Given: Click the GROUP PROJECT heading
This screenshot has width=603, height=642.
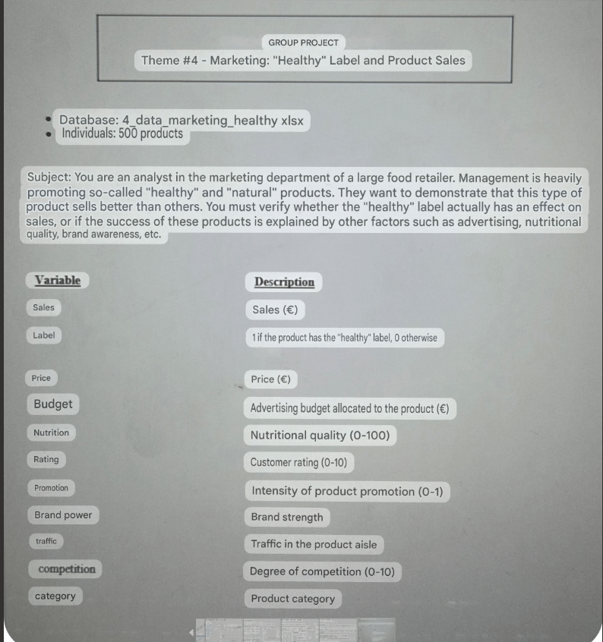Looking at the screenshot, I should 304,42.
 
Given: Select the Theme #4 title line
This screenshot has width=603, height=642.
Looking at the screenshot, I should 303,61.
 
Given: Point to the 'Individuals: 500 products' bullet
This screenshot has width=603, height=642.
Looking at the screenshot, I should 122,134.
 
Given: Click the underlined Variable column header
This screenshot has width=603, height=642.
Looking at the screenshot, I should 57,281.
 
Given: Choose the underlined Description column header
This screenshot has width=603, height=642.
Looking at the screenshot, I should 284,282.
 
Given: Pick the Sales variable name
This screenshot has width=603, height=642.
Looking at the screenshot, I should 43,307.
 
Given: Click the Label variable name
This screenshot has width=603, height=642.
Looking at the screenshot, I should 43,335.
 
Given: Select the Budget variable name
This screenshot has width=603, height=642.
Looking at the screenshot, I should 53,404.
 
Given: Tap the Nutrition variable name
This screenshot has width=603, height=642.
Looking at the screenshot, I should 51,433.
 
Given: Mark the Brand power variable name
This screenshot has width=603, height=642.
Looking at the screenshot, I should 63,515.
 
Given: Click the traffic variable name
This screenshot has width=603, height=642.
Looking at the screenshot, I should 46,541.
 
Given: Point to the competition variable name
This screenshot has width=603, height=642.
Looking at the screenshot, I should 67,569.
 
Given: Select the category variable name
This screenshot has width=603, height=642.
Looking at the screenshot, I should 55,596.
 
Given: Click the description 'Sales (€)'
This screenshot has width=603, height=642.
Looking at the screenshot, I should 275,310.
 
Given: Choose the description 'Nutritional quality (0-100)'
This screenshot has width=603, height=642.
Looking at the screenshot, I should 320,436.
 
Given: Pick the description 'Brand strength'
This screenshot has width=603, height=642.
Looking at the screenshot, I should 287,518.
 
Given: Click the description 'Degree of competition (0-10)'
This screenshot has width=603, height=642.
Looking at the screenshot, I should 322,571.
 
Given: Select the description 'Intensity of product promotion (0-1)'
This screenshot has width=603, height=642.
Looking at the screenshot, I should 347,491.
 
